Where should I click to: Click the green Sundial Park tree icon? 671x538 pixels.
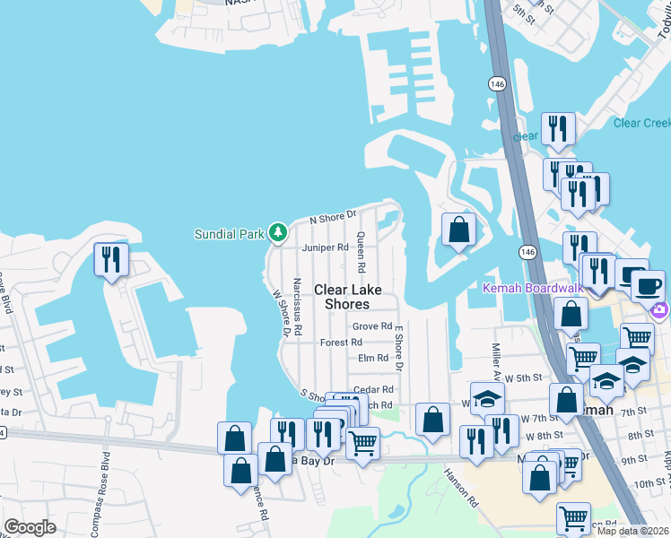tap(278, 233)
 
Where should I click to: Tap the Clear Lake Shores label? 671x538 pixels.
tap(346, 297)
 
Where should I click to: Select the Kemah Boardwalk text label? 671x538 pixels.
tap(533, 288)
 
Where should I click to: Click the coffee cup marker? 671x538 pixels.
tap(647, 286)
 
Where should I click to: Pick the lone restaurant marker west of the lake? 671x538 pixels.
tap(111, 260)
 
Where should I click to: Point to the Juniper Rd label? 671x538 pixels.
tap(325, 247)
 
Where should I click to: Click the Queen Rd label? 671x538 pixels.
tap(361, 253)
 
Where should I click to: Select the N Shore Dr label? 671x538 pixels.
tap(334, 218)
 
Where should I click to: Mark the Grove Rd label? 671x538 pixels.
tap(372, 326)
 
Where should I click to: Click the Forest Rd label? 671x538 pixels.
tap(341, 343)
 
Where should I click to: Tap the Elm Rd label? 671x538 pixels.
tap(372, 358)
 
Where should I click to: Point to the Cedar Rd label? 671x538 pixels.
tap(374, 389)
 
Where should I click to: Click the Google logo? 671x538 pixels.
tap(30, 527)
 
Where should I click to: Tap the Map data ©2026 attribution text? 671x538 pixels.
tap(633, 531)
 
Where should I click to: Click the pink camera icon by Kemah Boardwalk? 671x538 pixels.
tap(660, 310)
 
